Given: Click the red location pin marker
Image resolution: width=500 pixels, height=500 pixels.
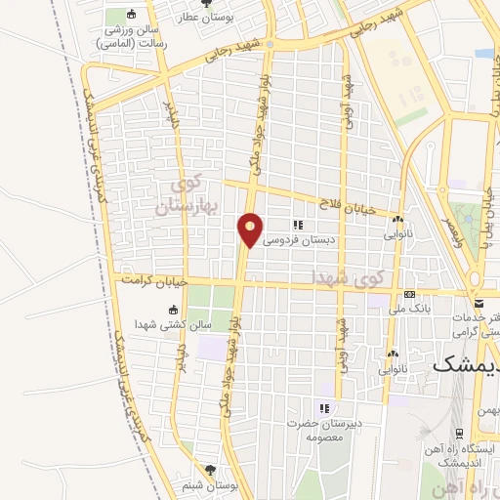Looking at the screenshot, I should pos(251,230).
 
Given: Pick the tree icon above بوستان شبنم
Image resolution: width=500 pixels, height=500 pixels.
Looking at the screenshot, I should pos(208,469).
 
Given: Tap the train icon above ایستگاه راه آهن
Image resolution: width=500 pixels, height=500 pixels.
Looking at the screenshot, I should pos(460,433).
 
